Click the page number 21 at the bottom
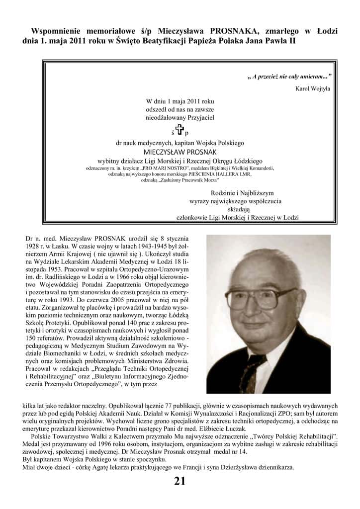[180, 481]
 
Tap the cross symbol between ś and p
[180, 130]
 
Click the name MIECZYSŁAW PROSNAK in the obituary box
[180, 152]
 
